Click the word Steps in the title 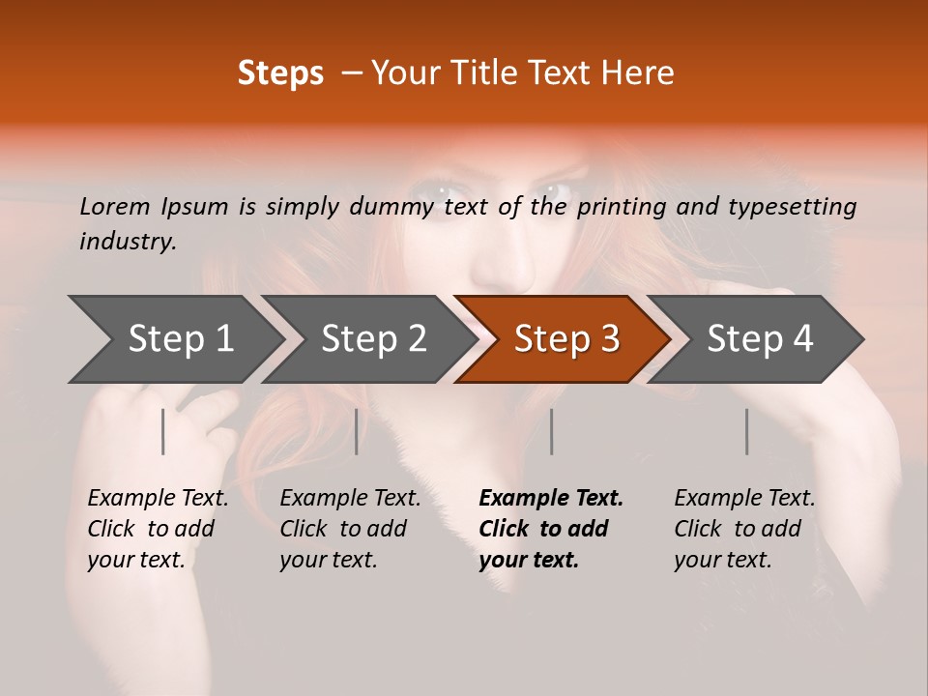[x=280, y=73]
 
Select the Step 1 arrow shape [x=174, y=339]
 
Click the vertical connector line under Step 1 [x=163, y=431]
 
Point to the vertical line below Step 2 [x=357, y=431]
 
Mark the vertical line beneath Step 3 [x=552, y=431]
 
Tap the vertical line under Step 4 [x=747, y=431]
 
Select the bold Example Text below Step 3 [x=551, y=529]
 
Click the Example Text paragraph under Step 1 [x=158, y=529]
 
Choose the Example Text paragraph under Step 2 [x=350, y=529]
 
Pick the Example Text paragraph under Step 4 [x=744, y=529]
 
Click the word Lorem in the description [x=115, y=206]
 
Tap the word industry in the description [x=127, y=242]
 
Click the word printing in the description [x=621, y=207]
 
